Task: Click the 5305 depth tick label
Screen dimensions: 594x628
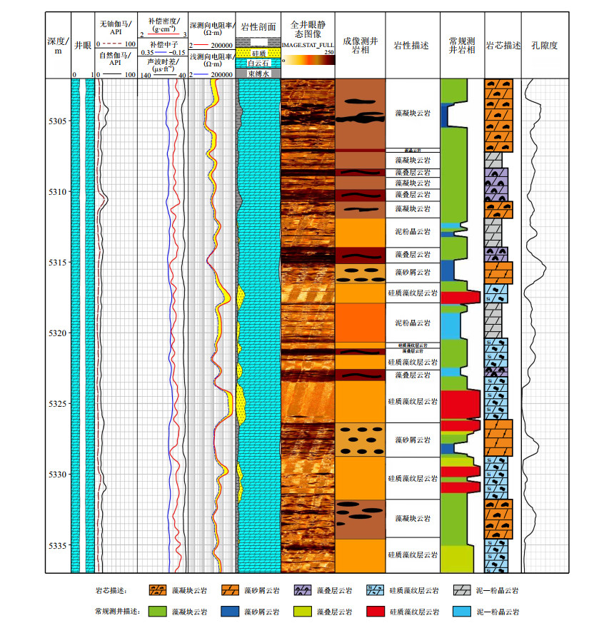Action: tap(57, 121)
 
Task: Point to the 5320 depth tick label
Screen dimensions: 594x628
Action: tap(57, 333)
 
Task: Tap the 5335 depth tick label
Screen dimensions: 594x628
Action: tap(57, 545)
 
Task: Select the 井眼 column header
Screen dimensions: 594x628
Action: tap(83, 45)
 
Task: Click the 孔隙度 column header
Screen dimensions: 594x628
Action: tap(544, 45)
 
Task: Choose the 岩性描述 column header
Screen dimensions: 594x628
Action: tap(412, 45)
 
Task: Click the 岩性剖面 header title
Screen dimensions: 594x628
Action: tap(258, 26)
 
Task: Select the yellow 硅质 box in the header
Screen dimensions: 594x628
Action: tap(258, 54)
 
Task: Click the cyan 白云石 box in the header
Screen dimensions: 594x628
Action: tap(258, 64)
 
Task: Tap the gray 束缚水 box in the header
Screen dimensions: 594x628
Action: tap(258, 73)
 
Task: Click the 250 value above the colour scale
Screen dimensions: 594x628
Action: tap(328, 52)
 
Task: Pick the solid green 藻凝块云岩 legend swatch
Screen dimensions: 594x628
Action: tap(158, 612)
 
